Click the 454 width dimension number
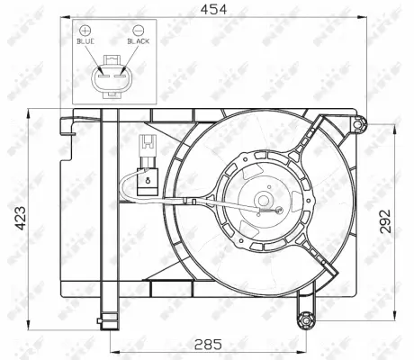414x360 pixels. coord(212,9)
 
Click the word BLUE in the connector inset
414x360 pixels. coord(85,41)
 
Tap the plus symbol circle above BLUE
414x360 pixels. coord(85,30)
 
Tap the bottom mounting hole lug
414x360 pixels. coord(308,319)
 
